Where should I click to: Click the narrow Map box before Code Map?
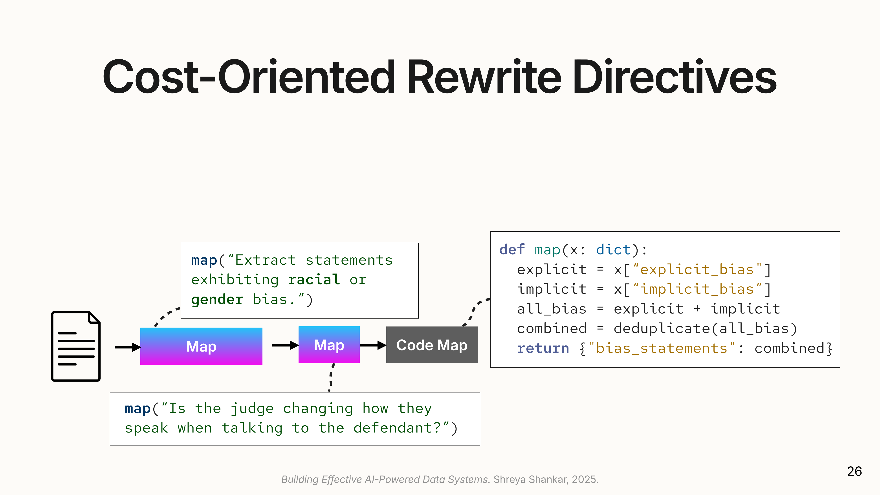(x=329, y=345)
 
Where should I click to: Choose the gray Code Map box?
(x=432, y=345)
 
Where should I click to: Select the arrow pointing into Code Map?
(x=373, y=345)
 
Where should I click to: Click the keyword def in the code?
(x=512, y=250)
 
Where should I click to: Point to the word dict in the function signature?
(x=613, y=250)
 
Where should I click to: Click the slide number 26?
(x=854, y=471)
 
